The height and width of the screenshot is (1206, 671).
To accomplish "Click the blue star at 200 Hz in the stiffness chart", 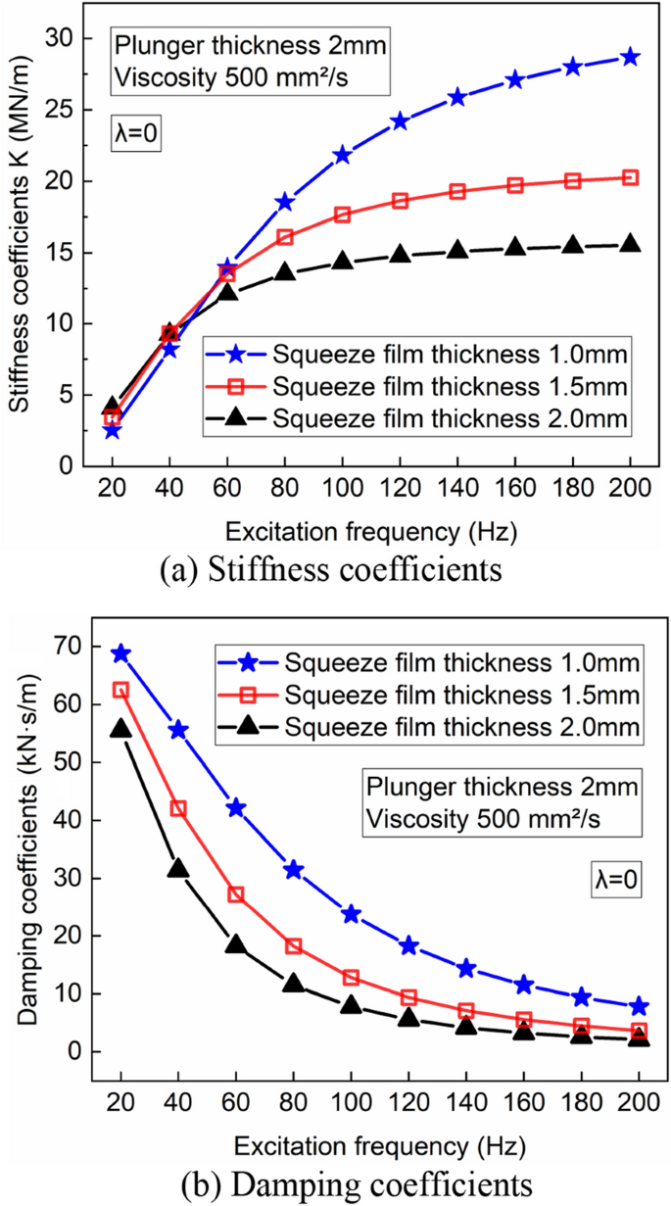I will (630, 57).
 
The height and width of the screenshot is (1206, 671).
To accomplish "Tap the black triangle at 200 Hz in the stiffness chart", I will (630, 244).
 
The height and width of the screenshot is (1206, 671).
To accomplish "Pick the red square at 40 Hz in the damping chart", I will (178, 808).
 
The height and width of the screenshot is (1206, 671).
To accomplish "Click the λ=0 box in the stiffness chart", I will (135, 130).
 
